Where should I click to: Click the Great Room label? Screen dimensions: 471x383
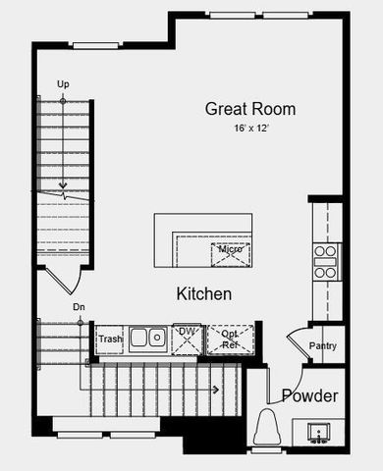(249, 109)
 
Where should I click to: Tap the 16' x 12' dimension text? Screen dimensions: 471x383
(249, 129)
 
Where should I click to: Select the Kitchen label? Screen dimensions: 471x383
(203, 293)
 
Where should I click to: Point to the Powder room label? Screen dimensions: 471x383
(309, 396)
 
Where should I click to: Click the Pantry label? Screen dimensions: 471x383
(323, 345)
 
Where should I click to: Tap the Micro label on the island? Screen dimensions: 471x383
(230, 249)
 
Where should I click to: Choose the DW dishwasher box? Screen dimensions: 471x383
(187, 338)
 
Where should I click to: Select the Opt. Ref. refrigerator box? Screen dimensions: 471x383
(230, 339)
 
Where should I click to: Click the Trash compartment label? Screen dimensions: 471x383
(110, 340)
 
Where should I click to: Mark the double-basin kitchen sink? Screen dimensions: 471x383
(147, 339)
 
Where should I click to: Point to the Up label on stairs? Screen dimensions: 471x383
(64, 84)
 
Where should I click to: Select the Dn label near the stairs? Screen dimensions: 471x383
(79, 307)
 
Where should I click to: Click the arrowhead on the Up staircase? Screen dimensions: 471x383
(64, 184)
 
